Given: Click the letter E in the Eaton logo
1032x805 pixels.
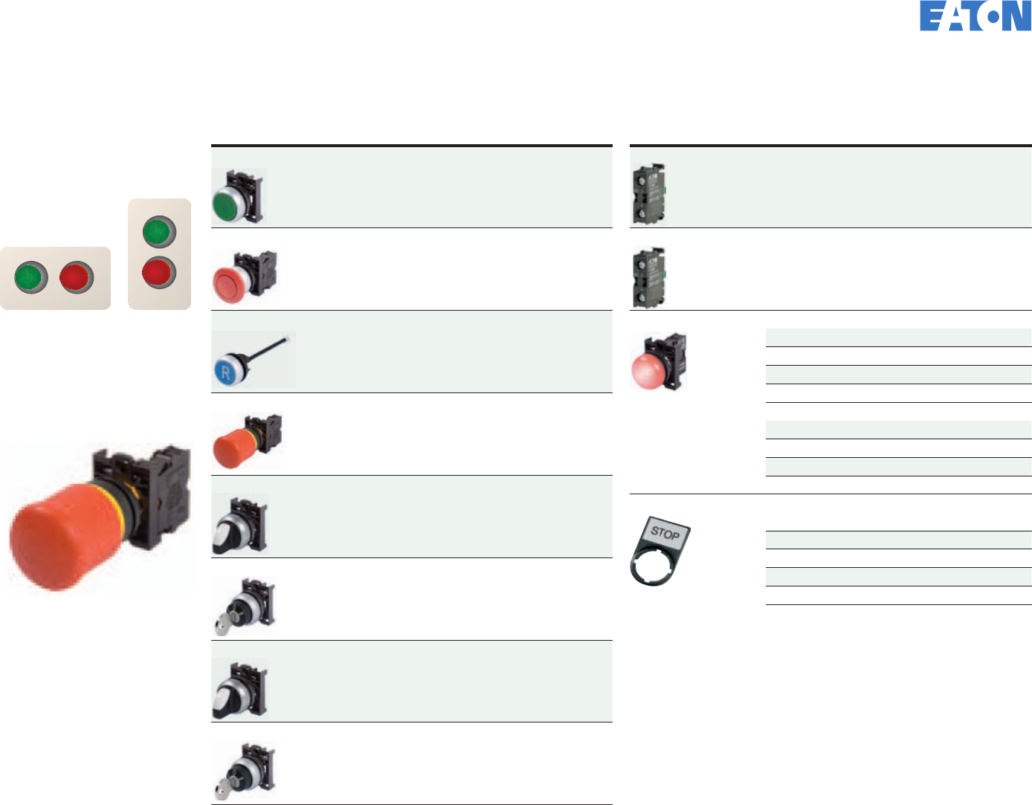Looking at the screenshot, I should pyautogui.click(x=932, y=16).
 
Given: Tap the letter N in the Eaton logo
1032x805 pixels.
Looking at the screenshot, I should pyautogui.click(x=1017, y=16).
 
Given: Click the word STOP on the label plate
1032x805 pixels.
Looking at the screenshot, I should pyautogui.click(x=665, y=533).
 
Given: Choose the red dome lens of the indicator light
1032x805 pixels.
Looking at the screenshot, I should pyautogui.click(x=647, y=371).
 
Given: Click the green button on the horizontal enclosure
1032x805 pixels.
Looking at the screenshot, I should pyautogui.click(x=31, y=277).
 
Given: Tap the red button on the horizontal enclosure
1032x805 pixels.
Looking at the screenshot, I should pyautogui.click(x=76, y=277).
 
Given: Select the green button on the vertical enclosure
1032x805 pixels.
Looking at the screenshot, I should pyautogui.click(x=159, y=232).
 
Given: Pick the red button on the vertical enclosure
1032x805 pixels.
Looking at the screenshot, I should pyautogui.click(x=159, y=272).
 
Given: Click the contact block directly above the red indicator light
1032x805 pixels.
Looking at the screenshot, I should pyautogui.click(x=648, y=278).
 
